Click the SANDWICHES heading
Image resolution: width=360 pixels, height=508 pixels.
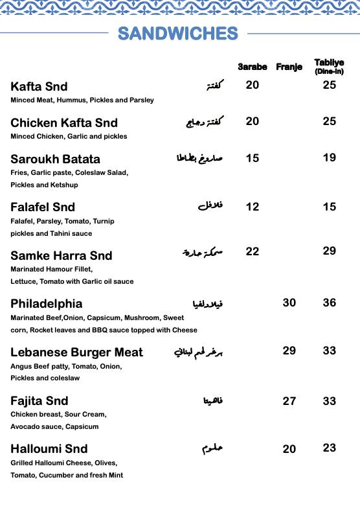pos(178,34)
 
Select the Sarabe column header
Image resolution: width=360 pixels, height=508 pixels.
pos(253,67)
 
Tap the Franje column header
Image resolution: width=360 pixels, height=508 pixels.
pos(289,67)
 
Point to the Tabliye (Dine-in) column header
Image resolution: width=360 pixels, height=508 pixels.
pos(329,67)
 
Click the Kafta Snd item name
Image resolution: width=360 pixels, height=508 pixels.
pos(39,87)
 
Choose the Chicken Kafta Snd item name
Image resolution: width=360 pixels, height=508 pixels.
pos(64,123)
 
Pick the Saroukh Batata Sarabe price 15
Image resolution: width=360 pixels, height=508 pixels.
pos(253,158)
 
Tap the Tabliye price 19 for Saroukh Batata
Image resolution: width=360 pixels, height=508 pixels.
pos(330,157)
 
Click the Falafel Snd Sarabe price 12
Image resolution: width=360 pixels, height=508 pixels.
pos(253,207)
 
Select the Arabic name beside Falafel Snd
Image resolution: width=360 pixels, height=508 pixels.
pos(210,207)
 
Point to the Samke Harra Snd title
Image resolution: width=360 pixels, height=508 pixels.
pos(62,256)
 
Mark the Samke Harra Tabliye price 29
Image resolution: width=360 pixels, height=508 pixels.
pos(330,251)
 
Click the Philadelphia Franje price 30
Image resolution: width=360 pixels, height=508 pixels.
pos(289,303)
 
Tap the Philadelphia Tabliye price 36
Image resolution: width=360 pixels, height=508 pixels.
pos(330,303)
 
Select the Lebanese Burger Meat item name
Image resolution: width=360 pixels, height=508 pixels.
pos(77,352)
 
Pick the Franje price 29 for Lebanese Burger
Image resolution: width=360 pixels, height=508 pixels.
pos(289,351)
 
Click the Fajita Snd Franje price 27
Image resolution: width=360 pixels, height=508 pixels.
pos(289,401)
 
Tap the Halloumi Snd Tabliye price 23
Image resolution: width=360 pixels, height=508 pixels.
pos(330,448)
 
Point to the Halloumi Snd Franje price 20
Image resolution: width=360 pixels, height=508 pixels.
pos(289,449)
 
